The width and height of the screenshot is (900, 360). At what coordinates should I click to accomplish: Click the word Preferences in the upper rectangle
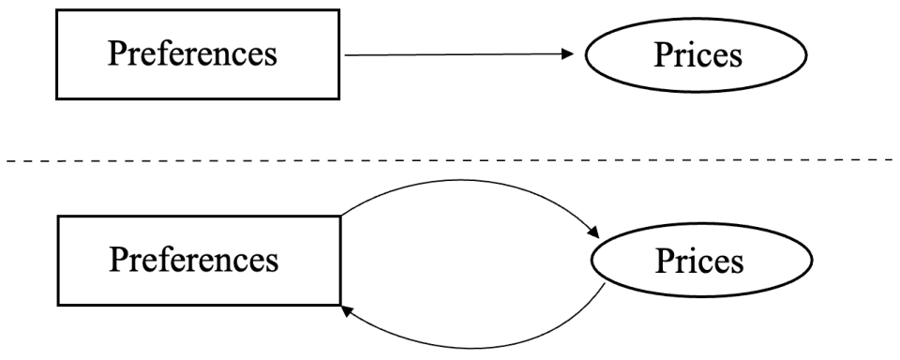coord(193,53)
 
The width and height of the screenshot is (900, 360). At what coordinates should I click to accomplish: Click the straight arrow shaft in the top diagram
coord(450,54)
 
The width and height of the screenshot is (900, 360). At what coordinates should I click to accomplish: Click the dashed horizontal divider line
coord(450,160)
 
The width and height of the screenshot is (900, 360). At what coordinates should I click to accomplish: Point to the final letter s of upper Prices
coord(736,58)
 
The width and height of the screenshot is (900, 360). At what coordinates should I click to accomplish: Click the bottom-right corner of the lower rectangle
coord(339,305)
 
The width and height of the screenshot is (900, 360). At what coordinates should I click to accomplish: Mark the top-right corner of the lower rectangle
coord(339,216)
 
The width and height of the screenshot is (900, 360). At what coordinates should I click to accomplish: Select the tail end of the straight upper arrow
coord(348,54)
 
